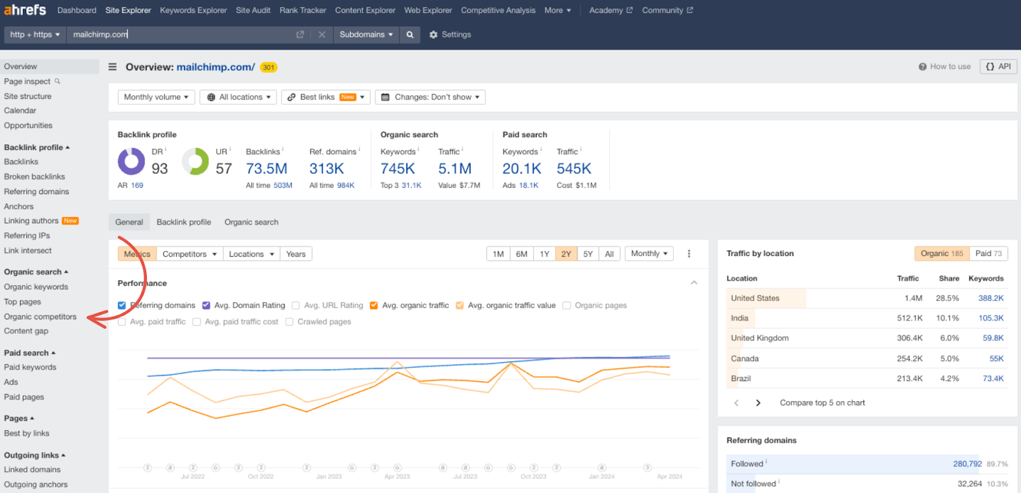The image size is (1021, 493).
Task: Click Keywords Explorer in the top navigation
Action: [x=193, y=10]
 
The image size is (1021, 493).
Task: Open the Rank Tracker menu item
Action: [x=302, y=10]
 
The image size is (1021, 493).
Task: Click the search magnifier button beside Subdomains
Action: [x=410, y=34]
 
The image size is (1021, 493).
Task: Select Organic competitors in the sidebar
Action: [x=40, y=317]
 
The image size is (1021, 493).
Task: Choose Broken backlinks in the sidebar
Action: [x=34, y=177]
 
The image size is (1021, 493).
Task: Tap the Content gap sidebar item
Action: [x=26, y=331]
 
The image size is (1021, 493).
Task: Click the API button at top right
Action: [x=998, y=66]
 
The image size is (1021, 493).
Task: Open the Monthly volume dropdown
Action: [x=156, y=97]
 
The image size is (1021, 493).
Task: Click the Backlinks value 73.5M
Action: [x=267, y=169]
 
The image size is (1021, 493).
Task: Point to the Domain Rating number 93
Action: [x=160, y=169]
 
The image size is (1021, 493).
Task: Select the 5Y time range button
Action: [x=588, y=254]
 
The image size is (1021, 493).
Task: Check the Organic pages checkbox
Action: [x=567, y=306]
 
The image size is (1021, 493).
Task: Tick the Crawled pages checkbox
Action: [x=290, y=322]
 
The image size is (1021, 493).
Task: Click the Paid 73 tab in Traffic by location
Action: [x=988, y=254]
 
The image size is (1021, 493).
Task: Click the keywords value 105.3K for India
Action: [x=990, y=318]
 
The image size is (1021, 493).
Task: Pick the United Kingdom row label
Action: [x=759, y=338]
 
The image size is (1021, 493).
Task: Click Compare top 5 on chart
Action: [x=822, y=403]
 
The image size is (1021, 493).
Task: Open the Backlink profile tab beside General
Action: [x=184, y=222]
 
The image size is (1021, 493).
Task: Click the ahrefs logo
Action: [x=26, y=10]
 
